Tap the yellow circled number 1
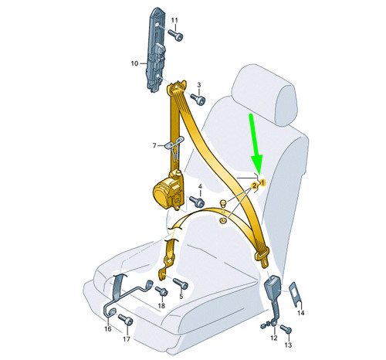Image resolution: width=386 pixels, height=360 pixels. [x=262, y=182]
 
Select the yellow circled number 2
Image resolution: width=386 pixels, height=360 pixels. [x=254, y=185]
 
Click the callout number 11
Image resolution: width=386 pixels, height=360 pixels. [x=174, y=20]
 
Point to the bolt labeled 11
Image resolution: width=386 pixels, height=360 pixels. [x=176, y=35]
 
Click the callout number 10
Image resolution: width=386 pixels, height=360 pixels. [x=134, y=63]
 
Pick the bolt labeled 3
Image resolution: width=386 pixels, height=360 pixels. [x=198, y=99]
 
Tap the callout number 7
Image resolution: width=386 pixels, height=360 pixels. [x=154, y=146]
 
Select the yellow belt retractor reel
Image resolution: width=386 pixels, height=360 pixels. [x=168, y=190]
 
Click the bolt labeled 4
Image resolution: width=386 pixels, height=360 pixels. [x=197, y=202]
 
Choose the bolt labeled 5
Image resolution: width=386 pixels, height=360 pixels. [x=181, y=284]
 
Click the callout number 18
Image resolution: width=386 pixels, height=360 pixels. [x=161, y=306]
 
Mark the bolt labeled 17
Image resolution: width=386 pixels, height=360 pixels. [x=126, y=320]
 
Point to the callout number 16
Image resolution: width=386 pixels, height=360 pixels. [x=108, y=329]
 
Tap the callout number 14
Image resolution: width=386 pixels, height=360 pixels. [x=301, y=313]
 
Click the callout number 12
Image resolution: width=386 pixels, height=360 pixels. [x=274, y=338]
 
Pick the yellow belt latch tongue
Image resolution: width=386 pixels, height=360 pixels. [x=262, y=257]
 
